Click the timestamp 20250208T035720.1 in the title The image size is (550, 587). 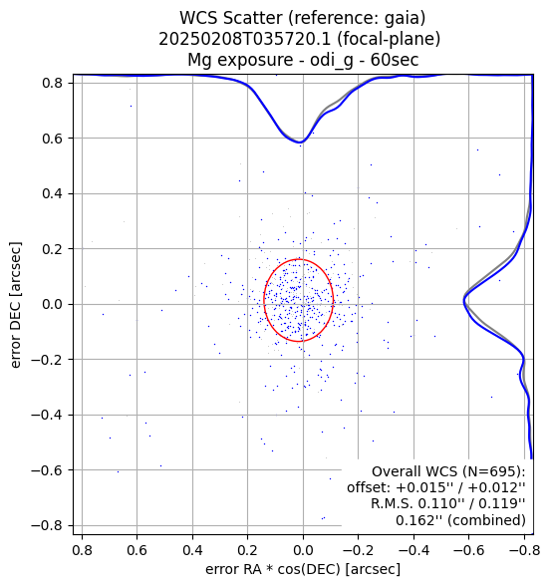point(245,39)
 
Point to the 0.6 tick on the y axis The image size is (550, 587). point(52,139)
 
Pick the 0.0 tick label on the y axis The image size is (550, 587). point(52,304)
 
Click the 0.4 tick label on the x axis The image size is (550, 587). point(192,550)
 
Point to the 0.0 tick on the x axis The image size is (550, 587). point(303,550)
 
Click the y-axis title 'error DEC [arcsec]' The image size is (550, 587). point(16,305)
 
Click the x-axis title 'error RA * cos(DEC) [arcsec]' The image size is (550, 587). point(303,569)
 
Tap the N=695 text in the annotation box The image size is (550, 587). point(489,471)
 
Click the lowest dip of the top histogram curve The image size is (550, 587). point(301,143)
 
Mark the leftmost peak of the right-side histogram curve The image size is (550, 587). point(464,300)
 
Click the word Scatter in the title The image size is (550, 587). point(254,18)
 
